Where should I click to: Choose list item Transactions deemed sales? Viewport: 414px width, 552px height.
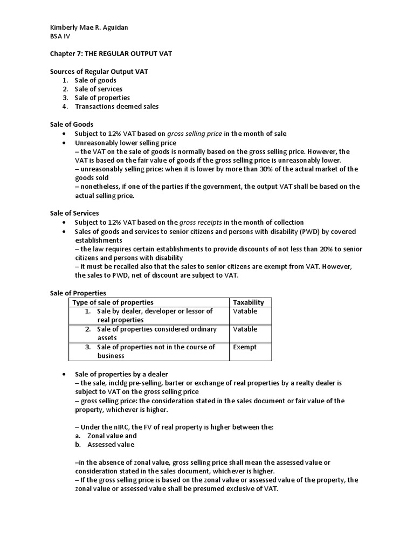116,106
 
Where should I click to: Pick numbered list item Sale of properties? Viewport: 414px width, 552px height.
102,98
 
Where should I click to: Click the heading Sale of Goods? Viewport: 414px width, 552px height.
72,125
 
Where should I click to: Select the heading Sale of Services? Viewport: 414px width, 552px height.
74,213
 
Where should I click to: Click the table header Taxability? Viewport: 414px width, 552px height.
248,302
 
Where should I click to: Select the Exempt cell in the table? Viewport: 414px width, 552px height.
245,347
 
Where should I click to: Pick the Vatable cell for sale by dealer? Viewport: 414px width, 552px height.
245,312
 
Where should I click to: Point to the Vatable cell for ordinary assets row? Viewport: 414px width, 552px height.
245,329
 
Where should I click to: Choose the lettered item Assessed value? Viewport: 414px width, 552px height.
111,445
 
